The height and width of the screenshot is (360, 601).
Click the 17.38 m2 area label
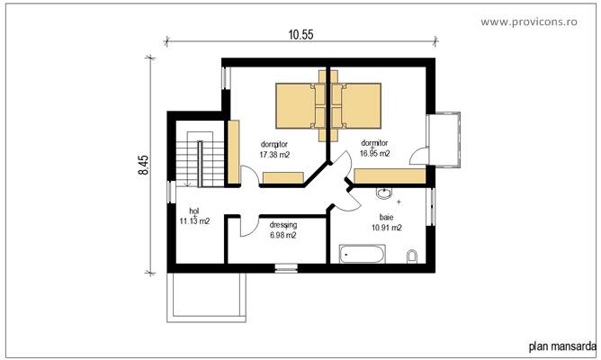click(274, 155)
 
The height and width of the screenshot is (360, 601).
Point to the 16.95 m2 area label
click(374, 154)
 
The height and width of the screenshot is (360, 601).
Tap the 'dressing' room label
click(283, 225)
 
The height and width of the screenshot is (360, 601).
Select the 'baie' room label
click(385, 217)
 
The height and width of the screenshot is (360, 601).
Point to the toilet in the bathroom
click(412, 258)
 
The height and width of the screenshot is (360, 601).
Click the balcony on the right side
click(446, 139)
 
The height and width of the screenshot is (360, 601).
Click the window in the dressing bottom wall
click(285, 267)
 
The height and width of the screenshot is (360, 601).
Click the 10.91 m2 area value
click(385, 228)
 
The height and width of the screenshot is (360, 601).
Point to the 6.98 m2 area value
click(283, 236)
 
